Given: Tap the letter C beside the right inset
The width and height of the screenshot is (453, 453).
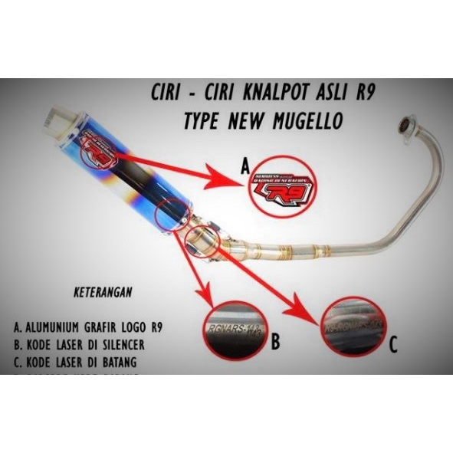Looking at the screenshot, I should point(393,346).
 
